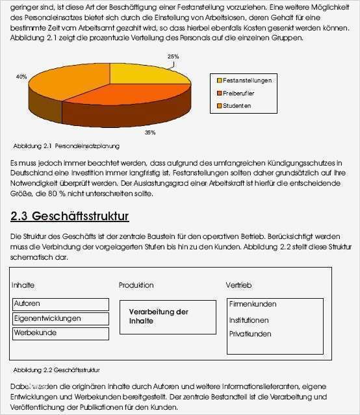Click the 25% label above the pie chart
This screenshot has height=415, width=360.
[x=173, y=57]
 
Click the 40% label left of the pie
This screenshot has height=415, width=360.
[x=21, y=77]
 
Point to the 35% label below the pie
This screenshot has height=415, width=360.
[x=150, y=132]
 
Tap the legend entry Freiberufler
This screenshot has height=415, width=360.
[x=240, y=93]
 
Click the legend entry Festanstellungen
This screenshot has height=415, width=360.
[x=246, y=81]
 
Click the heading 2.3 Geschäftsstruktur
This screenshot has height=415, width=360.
[x=70, y=216]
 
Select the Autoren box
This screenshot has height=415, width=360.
[x=60, y=304]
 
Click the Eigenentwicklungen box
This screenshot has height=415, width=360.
[x=60, y=318]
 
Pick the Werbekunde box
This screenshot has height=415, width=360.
[x=60, y=333]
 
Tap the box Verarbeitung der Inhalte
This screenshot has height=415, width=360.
[x=167, y=316]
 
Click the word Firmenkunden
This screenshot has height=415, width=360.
[x=253, y=304]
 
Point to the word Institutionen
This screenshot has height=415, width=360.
[x=249, y=320]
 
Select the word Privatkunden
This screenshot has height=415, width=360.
[x=250, y=334]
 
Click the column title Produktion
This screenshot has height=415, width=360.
[x=136, y=285]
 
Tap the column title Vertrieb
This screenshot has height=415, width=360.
[x=238, y=285]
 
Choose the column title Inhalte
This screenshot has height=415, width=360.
[x=23, y=285]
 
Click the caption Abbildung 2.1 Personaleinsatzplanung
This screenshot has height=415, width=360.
[x=66, y=146]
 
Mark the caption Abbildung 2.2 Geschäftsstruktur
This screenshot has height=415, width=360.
[x=56, y=369]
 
